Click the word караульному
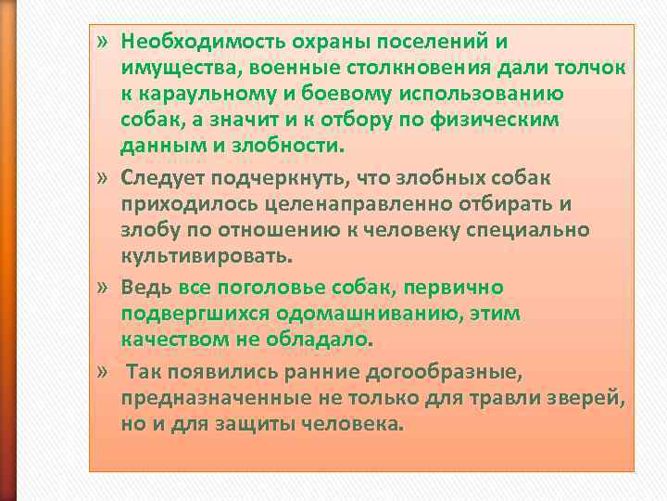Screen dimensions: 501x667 click(x=200, y=96)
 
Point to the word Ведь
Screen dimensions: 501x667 click(x=148, y=288)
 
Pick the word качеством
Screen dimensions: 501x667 click(x=170, y=340)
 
